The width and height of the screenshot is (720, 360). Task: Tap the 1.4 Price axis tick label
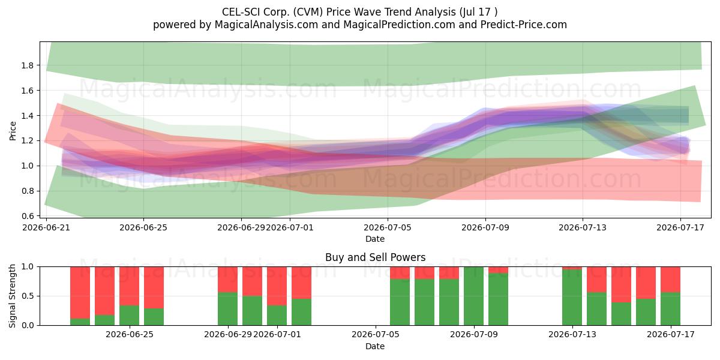[27, 116]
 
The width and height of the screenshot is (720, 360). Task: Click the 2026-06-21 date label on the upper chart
[46, 227]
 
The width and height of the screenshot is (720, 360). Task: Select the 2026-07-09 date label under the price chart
[485, 227]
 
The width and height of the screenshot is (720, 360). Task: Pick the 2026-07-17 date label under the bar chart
[671, 334]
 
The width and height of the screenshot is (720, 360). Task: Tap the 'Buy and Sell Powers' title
[375, 257]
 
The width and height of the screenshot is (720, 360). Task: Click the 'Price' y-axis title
[13, 131]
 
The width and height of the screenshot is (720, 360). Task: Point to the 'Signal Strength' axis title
[12, 296]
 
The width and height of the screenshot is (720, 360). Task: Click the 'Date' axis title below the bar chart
[375, 346]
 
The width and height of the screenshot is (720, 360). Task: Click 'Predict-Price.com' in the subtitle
[524, 25]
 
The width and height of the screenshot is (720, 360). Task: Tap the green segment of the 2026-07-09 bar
[473, 296]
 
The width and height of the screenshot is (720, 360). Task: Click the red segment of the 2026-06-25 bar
[129, 286]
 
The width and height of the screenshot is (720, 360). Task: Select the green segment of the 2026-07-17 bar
[671, 309]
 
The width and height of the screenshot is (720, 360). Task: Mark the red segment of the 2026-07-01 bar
[277, 286]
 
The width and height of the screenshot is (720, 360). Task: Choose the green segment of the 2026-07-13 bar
[572, 298]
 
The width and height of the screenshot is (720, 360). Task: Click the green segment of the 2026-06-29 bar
[227, 309]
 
